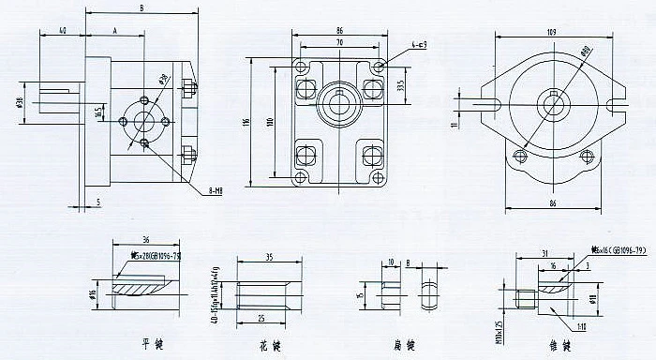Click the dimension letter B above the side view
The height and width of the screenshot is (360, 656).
click(x=141, y=8)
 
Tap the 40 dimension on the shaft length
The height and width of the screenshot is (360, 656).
click(x=62, y=31)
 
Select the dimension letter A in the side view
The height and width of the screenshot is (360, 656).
click(x=114, y=31)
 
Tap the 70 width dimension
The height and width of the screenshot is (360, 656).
click(x=337, y=43)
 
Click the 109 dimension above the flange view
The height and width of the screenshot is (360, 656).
click(x=552, y=33)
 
